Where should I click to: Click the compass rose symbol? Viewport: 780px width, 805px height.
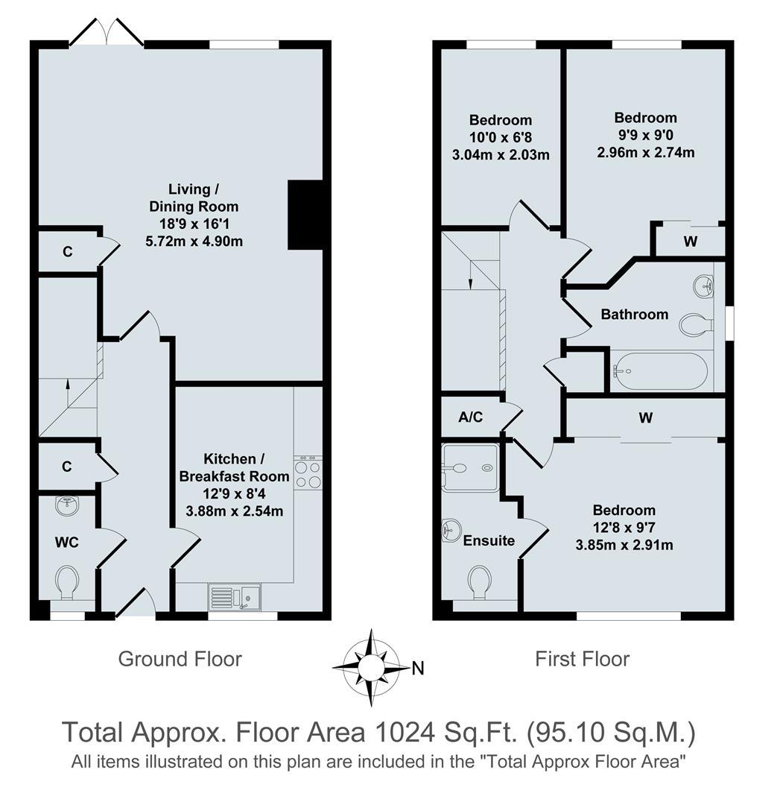370,667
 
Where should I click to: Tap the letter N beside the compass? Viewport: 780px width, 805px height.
417,669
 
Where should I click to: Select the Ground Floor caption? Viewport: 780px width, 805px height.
180,659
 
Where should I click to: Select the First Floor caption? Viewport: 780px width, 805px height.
582,659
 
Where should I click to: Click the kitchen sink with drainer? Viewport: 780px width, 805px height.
235,597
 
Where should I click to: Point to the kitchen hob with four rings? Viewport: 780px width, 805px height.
308,472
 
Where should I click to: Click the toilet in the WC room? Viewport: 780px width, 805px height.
68,581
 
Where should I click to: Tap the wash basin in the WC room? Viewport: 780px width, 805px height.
68,505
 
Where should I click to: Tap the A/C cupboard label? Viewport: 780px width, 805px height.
471,417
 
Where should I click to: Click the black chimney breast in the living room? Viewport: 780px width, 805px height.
305,215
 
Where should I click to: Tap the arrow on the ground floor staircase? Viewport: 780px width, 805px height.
68,385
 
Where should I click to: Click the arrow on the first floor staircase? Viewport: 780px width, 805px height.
470,282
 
